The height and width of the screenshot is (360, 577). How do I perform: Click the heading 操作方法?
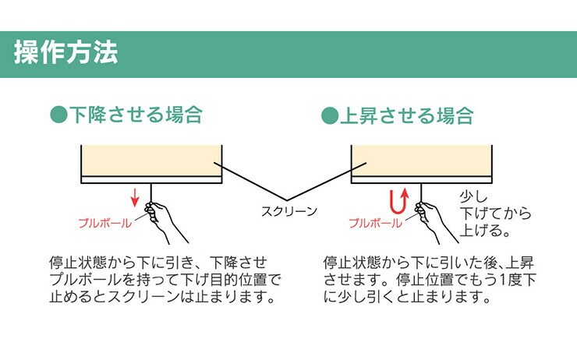(66, 52)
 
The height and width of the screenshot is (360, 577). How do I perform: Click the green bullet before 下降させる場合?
(56, 115)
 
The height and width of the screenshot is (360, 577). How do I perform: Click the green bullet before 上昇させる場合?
(328, 116)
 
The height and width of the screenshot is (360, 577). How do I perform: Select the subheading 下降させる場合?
(136, 115)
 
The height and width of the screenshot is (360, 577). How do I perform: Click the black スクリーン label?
(289, 210)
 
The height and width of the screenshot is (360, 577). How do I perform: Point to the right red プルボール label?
(376, 222)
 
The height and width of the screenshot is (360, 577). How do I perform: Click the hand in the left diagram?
(163, 218)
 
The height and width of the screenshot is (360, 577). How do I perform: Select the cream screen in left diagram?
(152, 160)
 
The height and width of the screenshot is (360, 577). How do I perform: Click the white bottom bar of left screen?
(152, 179)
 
